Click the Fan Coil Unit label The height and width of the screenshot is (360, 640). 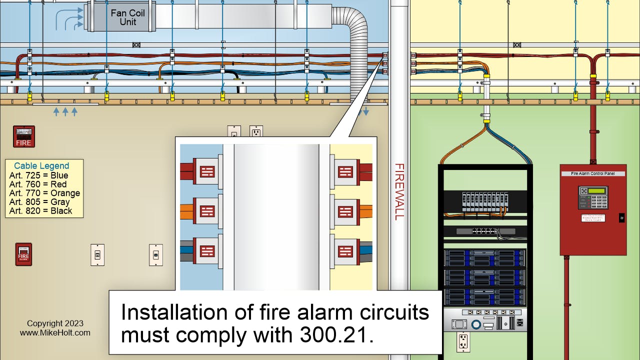(x=127, y=17)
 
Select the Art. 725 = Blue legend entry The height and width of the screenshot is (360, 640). (x=38, y=175)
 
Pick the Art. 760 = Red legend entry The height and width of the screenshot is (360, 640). (x=37, y=184)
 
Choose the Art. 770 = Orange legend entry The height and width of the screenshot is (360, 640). (x=44, y=193)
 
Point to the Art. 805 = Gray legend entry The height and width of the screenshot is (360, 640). (x=39, y=202)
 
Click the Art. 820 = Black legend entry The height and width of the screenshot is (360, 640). (x=40, y=211)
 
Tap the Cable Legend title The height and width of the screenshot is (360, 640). (x=41, y=166)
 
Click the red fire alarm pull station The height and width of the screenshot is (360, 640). (x=23, y=254)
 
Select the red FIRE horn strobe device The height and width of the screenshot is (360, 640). (x=23, y=136)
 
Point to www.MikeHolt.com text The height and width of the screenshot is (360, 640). (x=55, y=332)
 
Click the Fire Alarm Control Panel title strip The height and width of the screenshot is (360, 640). (x=592, y=173)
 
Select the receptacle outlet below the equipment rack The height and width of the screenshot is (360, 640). (x=463, y=342)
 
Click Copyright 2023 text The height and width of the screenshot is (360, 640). (x=55, y=323)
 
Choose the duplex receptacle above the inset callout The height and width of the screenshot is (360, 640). (x=256, y=132)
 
